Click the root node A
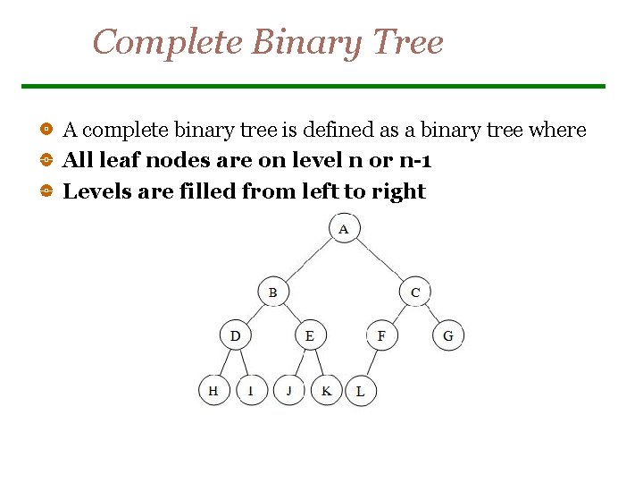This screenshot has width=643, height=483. [x=344, y=229]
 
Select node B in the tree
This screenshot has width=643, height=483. [x=272, y=292]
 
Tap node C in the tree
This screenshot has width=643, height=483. [x=415, y=292]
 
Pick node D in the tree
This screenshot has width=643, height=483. [x=235, y=336]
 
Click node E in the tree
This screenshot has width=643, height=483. [x=310, y=336]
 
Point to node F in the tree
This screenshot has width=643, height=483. [x=381, y=336]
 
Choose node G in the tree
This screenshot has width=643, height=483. [x=448, y=336]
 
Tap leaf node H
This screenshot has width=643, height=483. [x=213, y=391]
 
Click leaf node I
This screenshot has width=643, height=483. [x=251, y=391]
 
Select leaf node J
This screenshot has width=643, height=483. [x=289, y=391]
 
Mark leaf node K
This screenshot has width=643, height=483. [x=327, y=391]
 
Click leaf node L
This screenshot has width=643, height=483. [x=360, y=392]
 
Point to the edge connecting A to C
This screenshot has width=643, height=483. [x=380, y=260]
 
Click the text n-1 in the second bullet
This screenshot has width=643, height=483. [x=414, y=161]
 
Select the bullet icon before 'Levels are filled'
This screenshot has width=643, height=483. [x=46, y=191]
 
